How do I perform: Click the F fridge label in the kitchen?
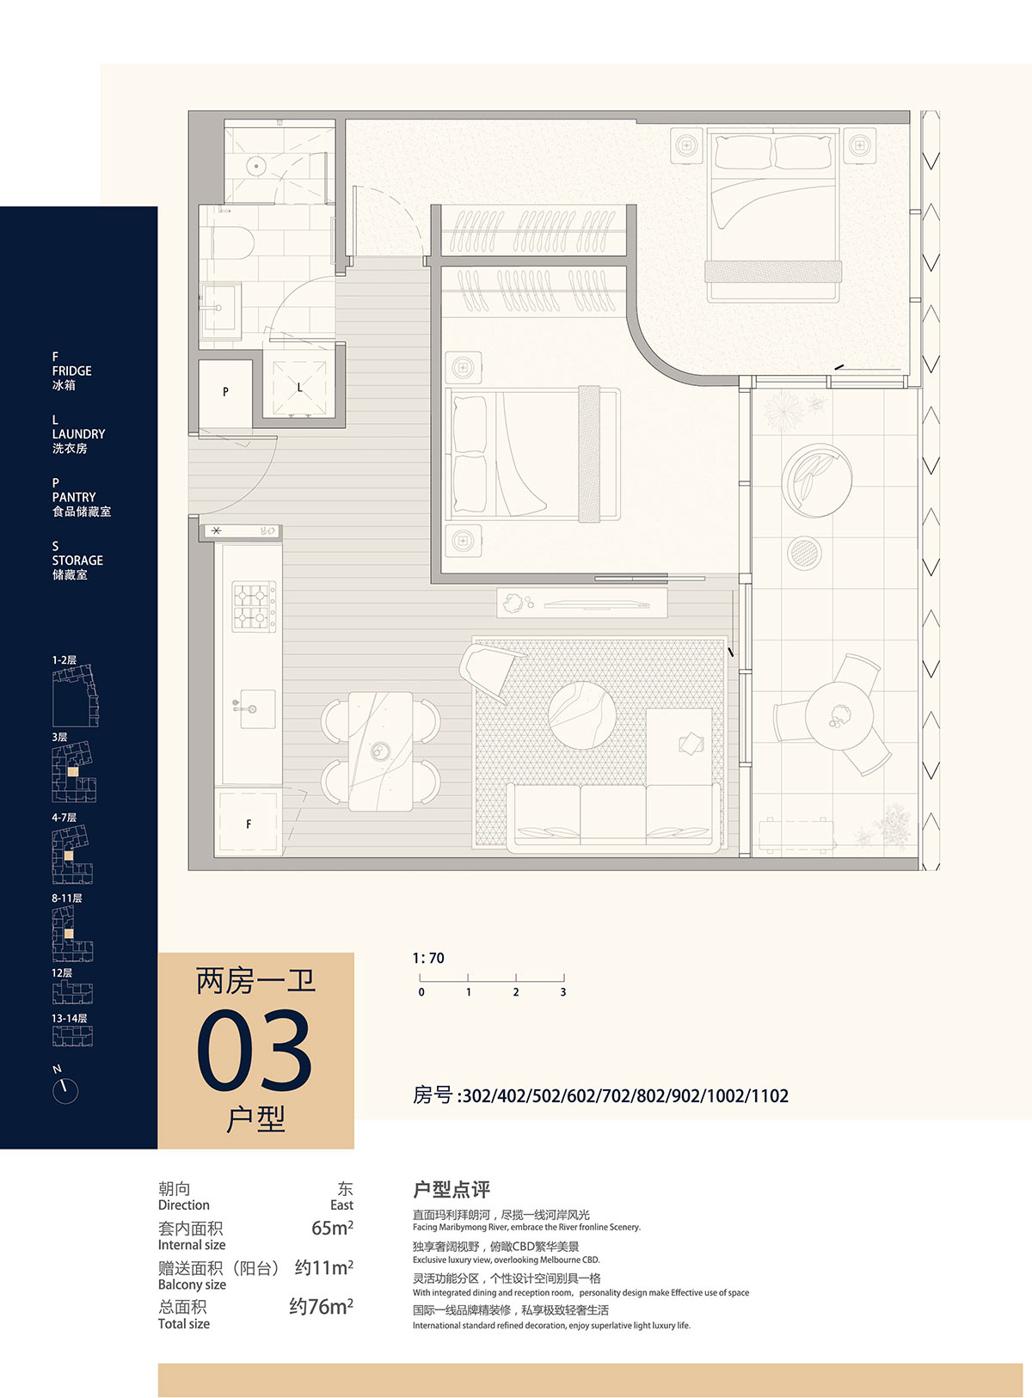click(x=249, y=824)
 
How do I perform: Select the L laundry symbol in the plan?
click(x=299, y=388)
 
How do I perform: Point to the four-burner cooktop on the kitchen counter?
click(x=254, y=606)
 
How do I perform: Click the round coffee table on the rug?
click(x=581, y=714)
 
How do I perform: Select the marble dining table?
click(x=381, y=751)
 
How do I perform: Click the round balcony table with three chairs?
click(x=838, y=714)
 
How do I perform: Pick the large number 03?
click(x=254, y=1050)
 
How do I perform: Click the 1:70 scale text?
click(x=428, y=958)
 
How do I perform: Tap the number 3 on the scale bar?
click(x=563, y=991)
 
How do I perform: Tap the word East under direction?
click(x=341, y=1205)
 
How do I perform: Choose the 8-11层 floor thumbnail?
click(x=72, y=933)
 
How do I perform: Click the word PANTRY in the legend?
click(x=74, y=497)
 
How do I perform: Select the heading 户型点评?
click(x=451, y=1189)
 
